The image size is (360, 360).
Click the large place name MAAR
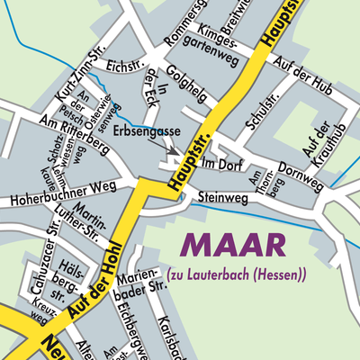click(x=235, y=246)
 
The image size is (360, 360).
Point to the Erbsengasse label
click(x=148, y=131)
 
